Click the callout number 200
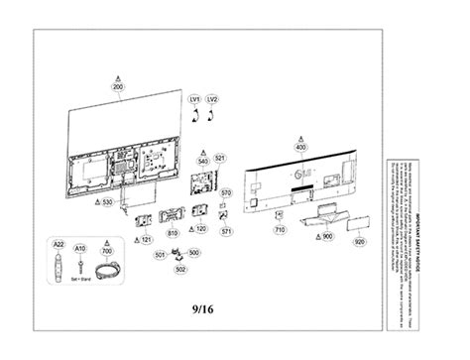tap(119, 88)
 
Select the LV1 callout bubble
tap(194, 100)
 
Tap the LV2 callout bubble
tap(212, 100)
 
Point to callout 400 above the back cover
tap(300, 147)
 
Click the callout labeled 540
tap(203, 159)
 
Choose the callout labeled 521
tap(220, 159)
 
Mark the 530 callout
tap(107, 201)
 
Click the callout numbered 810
tap(173, 233)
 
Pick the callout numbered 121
tap(146, 240)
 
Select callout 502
tap(180, 268)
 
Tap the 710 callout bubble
tap(281, 229)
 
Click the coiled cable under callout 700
tap(103, 268)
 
